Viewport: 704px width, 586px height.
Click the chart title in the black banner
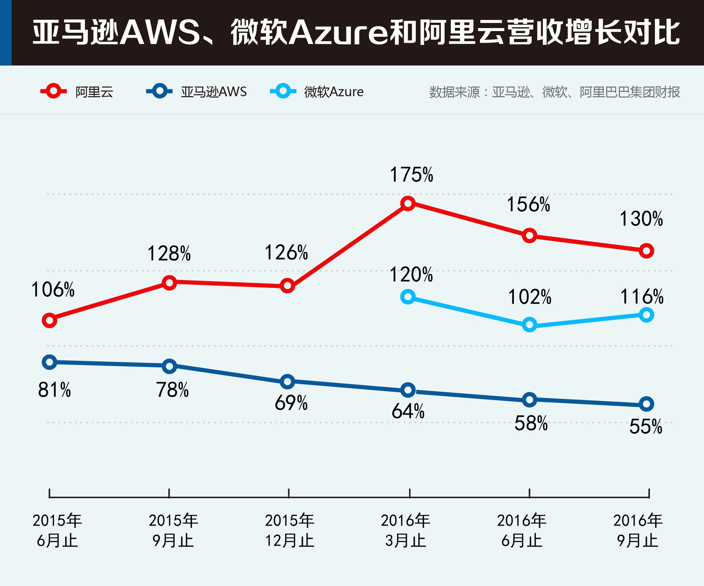point(355,32)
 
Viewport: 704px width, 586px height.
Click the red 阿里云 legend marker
point(53,91)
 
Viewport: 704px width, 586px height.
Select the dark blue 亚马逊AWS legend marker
point(159,91)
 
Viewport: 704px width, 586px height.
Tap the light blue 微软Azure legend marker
point(283,91)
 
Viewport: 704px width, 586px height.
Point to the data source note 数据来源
point(554,92)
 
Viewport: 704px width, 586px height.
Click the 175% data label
point(411,175)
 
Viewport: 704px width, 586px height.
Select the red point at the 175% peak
point(408,203)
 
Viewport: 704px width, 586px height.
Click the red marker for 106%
point(49,320)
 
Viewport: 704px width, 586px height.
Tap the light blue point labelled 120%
point(408,297)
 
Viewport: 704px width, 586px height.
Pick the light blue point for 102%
point(529,325)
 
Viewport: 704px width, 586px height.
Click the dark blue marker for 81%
point(49,362)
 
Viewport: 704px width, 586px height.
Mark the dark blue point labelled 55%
point(646,404)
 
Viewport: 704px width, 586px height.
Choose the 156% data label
point(528,204)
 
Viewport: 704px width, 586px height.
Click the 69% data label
point(291,403)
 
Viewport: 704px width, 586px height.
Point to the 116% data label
point(642,297)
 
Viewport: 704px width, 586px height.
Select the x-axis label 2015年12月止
point(290,531)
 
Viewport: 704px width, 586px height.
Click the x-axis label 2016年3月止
point(406,531)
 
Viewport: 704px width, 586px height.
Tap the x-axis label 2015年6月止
point(57,531)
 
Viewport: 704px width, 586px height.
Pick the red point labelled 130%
point(646,251)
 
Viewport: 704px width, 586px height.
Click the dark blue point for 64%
point(408,390)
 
